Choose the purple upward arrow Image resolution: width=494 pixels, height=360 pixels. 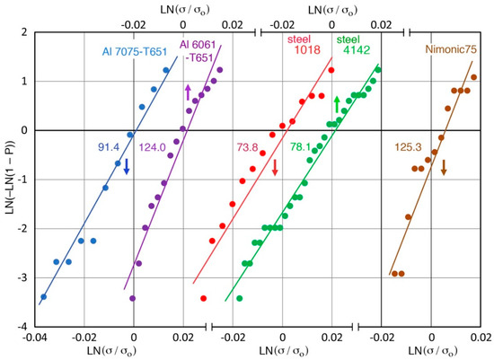188,92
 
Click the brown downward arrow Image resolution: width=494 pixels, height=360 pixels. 444,167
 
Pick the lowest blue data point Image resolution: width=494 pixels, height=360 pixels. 42,296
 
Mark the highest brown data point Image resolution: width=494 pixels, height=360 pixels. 473,77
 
